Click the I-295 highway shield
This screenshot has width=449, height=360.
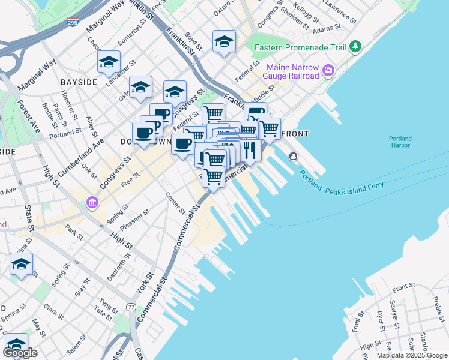(72, 22)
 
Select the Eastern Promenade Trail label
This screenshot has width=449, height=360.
(301, 47)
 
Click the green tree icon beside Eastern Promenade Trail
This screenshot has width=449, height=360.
(356, 46)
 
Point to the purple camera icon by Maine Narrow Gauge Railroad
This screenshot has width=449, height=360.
(328, 71)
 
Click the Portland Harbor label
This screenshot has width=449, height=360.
(399, 141)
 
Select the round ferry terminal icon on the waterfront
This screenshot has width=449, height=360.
(292, 157)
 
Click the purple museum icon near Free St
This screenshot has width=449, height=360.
(91, 203)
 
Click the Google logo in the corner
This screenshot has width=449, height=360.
(20, 353)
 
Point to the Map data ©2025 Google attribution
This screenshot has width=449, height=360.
(412, 355)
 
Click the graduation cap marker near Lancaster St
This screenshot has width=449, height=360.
(109, 62)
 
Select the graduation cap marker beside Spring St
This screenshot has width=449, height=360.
(21, 264)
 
